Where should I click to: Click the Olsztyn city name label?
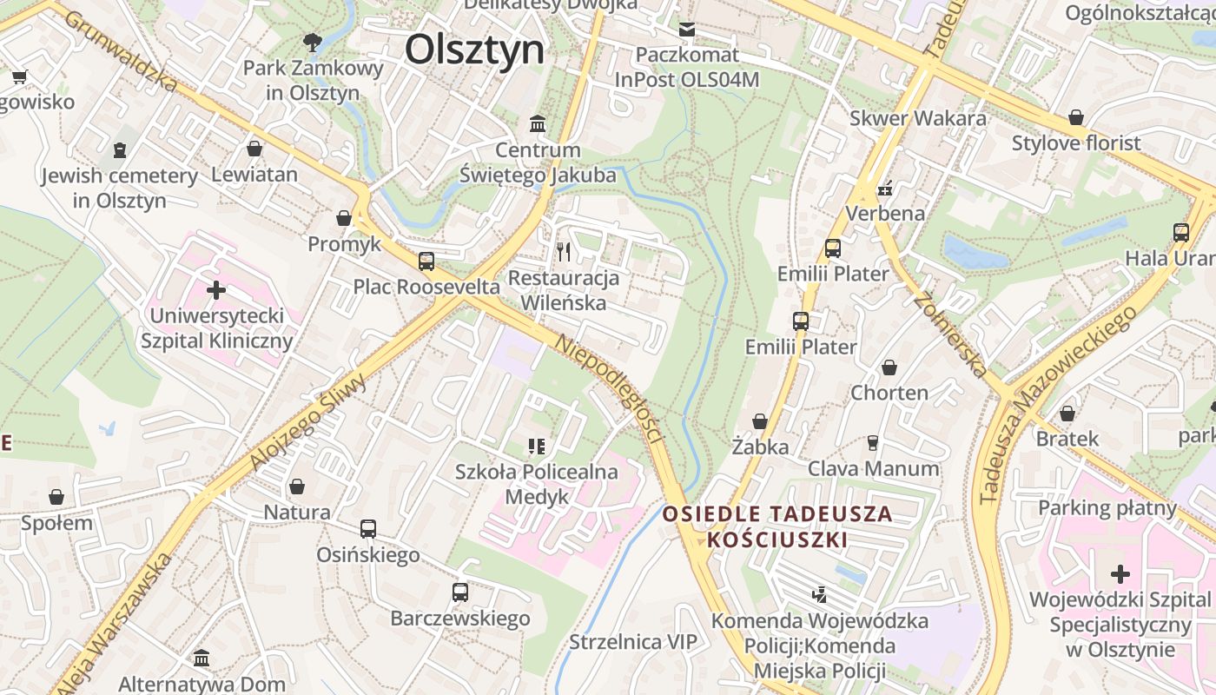pos(474,50)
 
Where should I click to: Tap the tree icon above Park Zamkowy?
pos(312,41)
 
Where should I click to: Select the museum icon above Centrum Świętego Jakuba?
pos(538,124)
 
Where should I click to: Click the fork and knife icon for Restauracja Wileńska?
pos(565,252)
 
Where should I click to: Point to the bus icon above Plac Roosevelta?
pos(426,261)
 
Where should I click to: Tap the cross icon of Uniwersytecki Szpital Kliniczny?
pos(216,289)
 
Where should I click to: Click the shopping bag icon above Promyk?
pos(344,218)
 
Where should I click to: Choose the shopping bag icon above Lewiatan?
pos(254,149)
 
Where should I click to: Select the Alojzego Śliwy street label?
pos(309,422)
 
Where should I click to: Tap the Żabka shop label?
pos(760,447)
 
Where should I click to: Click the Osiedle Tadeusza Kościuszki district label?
pos(777,526)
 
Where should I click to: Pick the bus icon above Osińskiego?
pos(368,528)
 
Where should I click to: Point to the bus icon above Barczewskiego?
pos(460,592)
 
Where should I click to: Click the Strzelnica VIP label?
pos(633,642)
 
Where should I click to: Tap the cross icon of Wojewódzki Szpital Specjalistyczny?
pos(1120,573)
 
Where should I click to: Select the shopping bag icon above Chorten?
pos(889,367)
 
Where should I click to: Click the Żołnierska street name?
pos(950,334)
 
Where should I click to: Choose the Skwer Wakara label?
pos(918,118)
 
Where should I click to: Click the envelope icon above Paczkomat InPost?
pos(687,30)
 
